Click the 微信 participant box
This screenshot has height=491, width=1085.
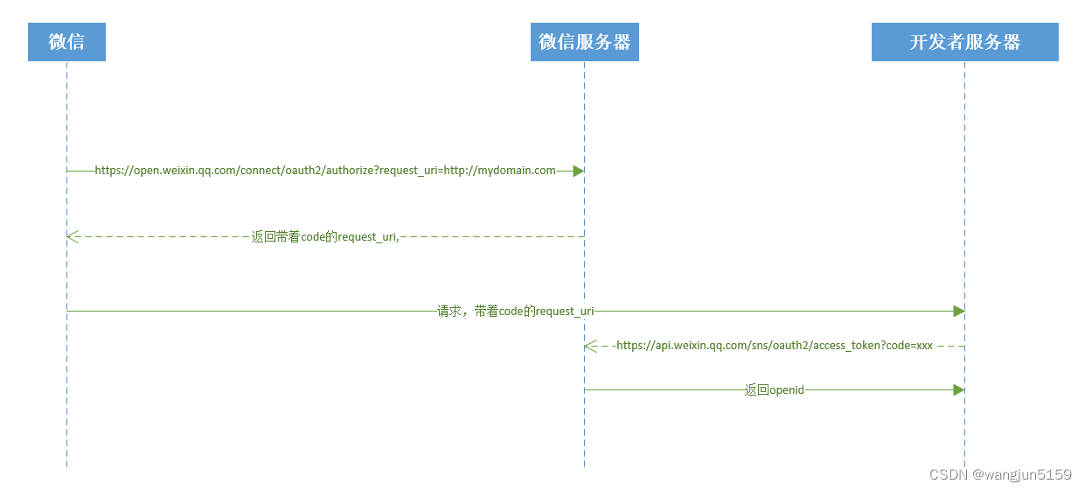[66, 42]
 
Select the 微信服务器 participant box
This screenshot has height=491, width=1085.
[584, 42]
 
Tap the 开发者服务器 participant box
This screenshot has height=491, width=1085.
[964, 42]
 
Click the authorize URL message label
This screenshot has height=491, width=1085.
[324, 171]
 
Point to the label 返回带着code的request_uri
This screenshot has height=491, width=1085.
[325, 236]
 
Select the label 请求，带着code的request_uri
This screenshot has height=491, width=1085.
[516, 311]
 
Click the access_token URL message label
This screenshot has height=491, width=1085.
[775, 346]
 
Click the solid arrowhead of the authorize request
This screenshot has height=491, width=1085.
[578, 171]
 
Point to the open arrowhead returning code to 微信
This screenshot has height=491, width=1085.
[73, 236]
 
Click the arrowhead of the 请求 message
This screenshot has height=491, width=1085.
[958, 311]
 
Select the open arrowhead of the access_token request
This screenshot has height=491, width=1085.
[591, 346]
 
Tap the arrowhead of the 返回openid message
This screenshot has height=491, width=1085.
[958, 389]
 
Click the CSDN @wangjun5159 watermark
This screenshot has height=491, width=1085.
[1000, 474]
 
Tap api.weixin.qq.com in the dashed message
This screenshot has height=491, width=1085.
[696, 346]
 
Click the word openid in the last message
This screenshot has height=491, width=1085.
[786, 389]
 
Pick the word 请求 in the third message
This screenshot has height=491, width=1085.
[449, 311]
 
